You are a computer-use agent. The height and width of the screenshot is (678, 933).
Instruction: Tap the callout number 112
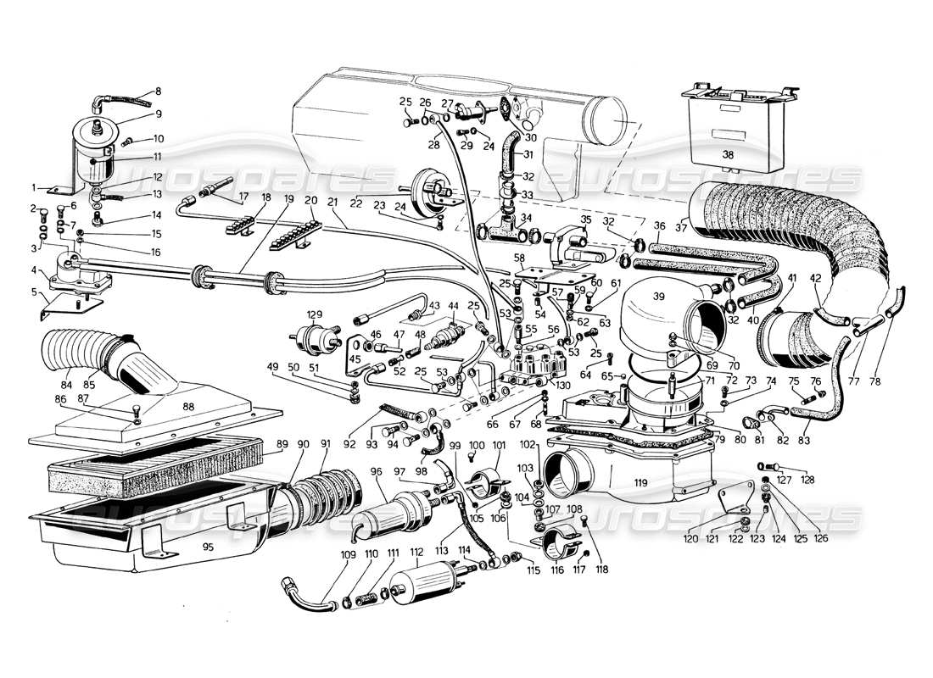[416, 553]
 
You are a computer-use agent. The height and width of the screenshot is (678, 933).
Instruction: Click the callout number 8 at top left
[157, 92]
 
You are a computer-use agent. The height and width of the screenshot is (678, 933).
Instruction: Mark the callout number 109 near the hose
[325, 554]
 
